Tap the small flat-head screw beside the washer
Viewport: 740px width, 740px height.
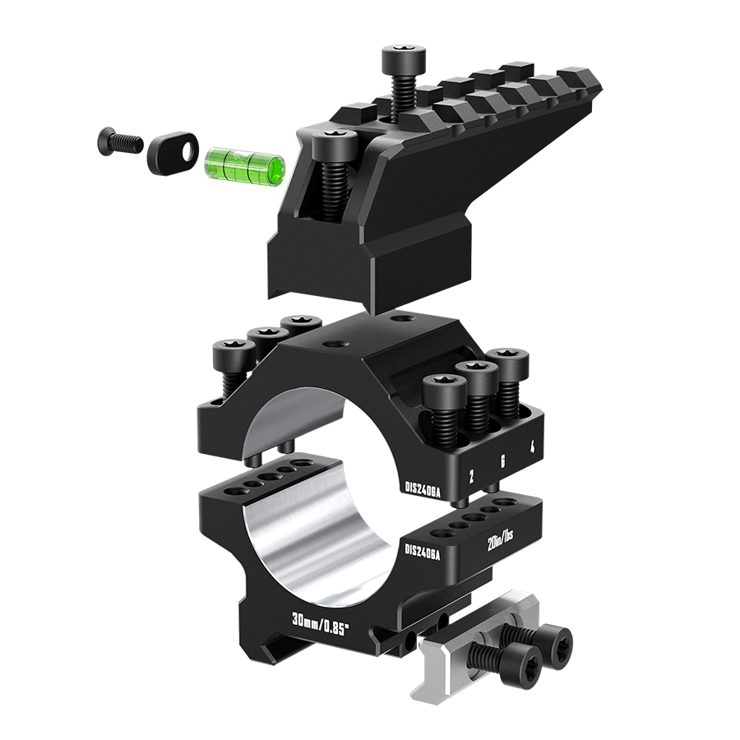click(120, 142)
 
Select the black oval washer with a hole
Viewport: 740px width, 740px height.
click(173, 153)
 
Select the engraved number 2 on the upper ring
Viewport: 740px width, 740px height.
click(470, 476)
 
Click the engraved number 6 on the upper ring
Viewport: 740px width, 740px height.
click(502, 460)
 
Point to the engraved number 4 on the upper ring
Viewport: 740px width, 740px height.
click(532, 446)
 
